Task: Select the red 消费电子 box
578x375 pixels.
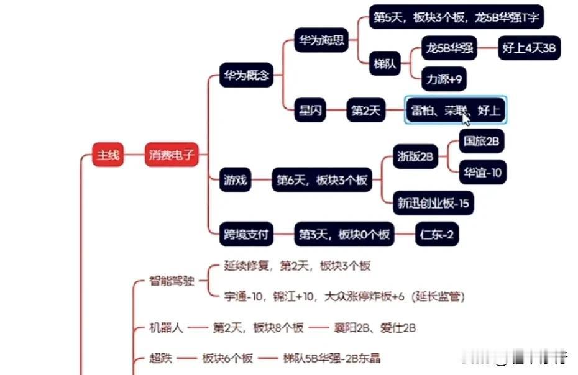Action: tap(172, 155)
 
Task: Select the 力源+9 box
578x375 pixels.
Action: tap(444, 79)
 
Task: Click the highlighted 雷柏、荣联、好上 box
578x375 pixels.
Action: tap(456, 111)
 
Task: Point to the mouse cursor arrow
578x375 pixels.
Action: tap(466, 118)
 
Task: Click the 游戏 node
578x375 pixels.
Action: tap(236, 181)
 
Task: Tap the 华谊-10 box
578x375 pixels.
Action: tap(482, 173)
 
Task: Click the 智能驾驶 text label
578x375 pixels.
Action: tap(172, 281)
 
